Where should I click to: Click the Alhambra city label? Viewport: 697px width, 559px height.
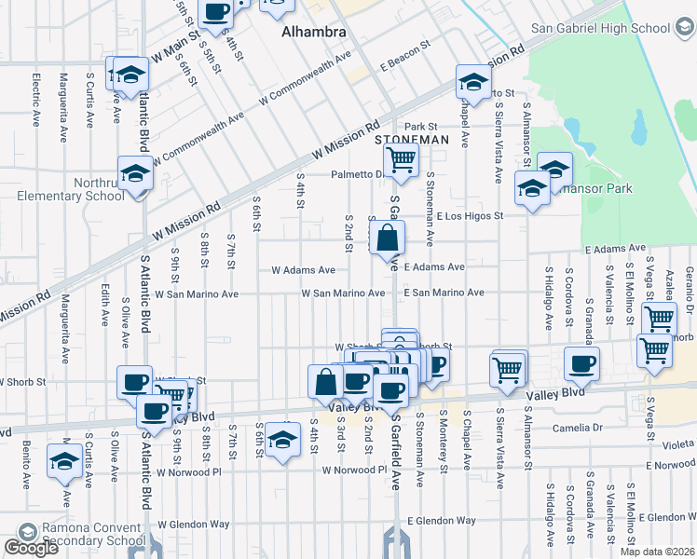point(314,32)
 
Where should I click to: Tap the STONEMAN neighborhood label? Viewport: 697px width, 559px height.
point(411,140)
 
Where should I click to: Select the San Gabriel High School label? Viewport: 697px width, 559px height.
point(600,28)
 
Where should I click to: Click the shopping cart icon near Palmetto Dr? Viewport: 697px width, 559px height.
point(401,159)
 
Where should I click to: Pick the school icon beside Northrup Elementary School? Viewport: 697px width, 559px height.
point(135,174)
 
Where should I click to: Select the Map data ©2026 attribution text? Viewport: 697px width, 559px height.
point(658,552)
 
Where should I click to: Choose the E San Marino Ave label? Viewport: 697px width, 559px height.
point(444,293)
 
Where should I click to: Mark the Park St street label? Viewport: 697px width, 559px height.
point(420,126)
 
